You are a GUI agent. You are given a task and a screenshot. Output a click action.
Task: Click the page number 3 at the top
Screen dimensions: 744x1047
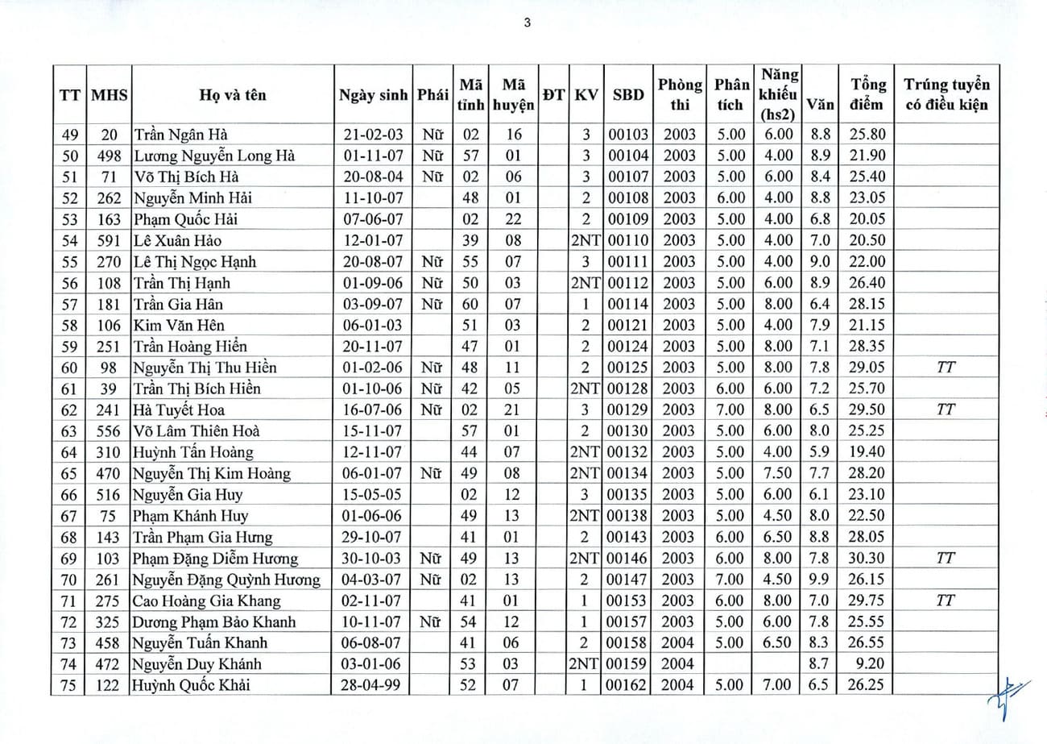(527, 23)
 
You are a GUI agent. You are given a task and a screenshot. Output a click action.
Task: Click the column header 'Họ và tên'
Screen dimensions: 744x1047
(233, 94)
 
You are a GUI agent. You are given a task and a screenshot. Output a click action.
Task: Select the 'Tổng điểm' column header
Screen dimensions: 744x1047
(867, 94)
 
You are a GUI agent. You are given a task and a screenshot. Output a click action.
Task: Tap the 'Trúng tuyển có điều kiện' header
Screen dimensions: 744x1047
(946, 94)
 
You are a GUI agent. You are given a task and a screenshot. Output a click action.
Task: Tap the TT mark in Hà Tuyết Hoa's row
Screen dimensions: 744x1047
(946, 409)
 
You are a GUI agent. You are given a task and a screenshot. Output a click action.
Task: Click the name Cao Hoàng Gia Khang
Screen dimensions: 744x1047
(207, 601)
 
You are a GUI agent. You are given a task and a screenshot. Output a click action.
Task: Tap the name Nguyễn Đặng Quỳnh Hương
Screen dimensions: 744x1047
(227, 579)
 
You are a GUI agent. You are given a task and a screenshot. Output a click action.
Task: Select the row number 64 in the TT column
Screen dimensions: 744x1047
(70, 452)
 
